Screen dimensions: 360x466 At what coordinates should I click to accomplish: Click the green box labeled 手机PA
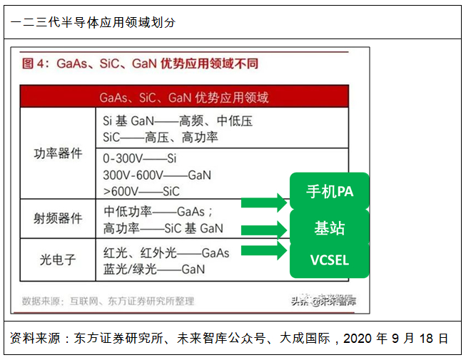[330, 192]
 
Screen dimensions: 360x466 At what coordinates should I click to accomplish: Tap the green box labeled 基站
[330, 228]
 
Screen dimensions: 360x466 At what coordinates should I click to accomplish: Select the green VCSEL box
[330, 260]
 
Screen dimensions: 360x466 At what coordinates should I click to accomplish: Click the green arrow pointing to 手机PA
[264, 202]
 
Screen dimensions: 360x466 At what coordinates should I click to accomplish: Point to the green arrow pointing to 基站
[264, 230]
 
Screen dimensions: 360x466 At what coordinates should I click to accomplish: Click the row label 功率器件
[58, 153]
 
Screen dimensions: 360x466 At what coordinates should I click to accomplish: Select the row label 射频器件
[58, 219]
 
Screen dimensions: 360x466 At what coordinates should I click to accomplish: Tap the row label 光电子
[58, 260]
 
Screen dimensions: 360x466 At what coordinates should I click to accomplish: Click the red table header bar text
[184, 97]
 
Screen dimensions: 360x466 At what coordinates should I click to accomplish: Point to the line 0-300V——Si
[140, 158]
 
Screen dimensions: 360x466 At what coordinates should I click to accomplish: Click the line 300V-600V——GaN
[157, 175]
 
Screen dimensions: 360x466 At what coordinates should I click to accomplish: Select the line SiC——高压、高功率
[161, 138]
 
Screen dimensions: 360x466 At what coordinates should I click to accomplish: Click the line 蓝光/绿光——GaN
[154, 269]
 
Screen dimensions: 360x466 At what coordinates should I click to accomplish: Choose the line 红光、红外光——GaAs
[166, 253]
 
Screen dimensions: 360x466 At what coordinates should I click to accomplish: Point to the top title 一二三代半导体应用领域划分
[93, 22]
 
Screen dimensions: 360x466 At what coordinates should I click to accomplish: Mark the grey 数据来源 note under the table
[107, 301]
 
